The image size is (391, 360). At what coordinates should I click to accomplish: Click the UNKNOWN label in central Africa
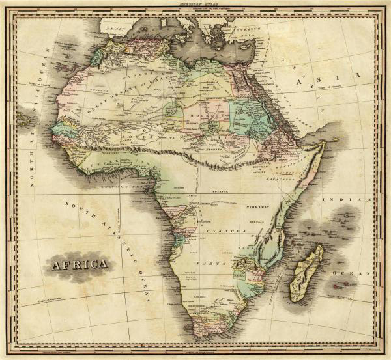coord(225,231)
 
